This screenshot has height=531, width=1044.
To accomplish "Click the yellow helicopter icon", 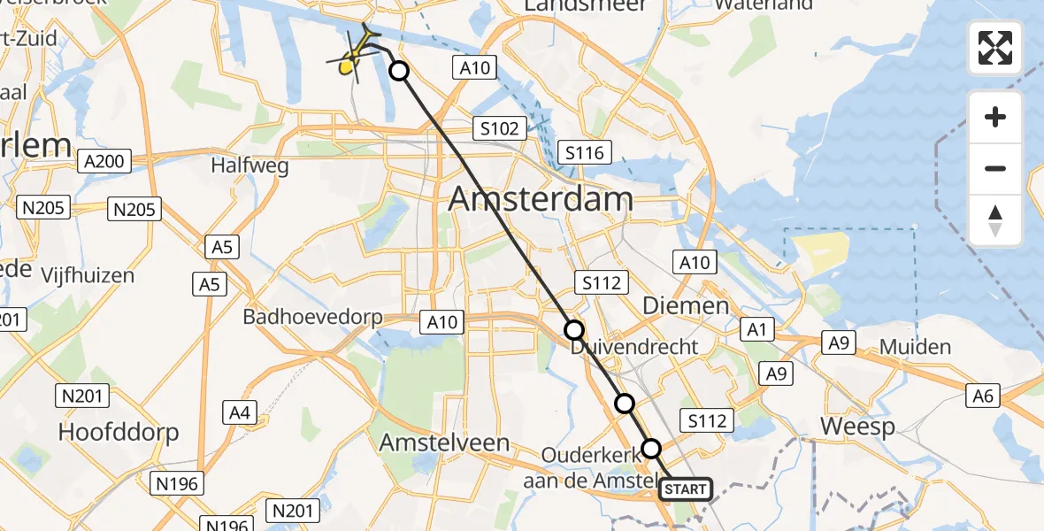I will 355,55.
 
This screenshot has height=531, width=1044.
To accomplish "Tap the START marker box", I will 685,489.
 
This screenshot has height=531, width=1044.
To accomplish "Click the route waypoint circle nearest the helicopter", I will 399,72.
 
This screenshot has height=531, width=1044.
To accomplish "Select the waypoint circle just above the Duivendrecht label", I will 574,330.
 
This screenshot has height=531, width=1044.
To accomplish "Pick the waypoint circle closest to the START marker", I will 651,448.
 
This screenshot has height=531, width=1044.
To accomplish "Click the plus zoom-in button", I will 995,117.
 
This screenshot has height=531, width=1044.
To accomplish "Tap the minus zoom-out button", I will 995,168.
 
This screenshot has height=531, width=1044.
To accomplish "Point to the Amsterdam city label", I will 540,199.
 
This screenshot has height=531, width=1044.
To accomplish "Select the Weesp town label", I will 856,427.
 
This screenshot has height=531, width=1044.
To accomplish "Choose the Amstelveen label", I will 444,442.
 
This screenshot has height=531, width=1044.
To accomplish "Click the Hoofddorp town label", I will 119,432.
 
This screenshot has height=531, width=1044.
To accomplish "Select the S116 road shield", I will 584,153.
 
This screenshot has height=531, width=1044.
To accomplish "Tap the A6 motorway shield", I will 982,397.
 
